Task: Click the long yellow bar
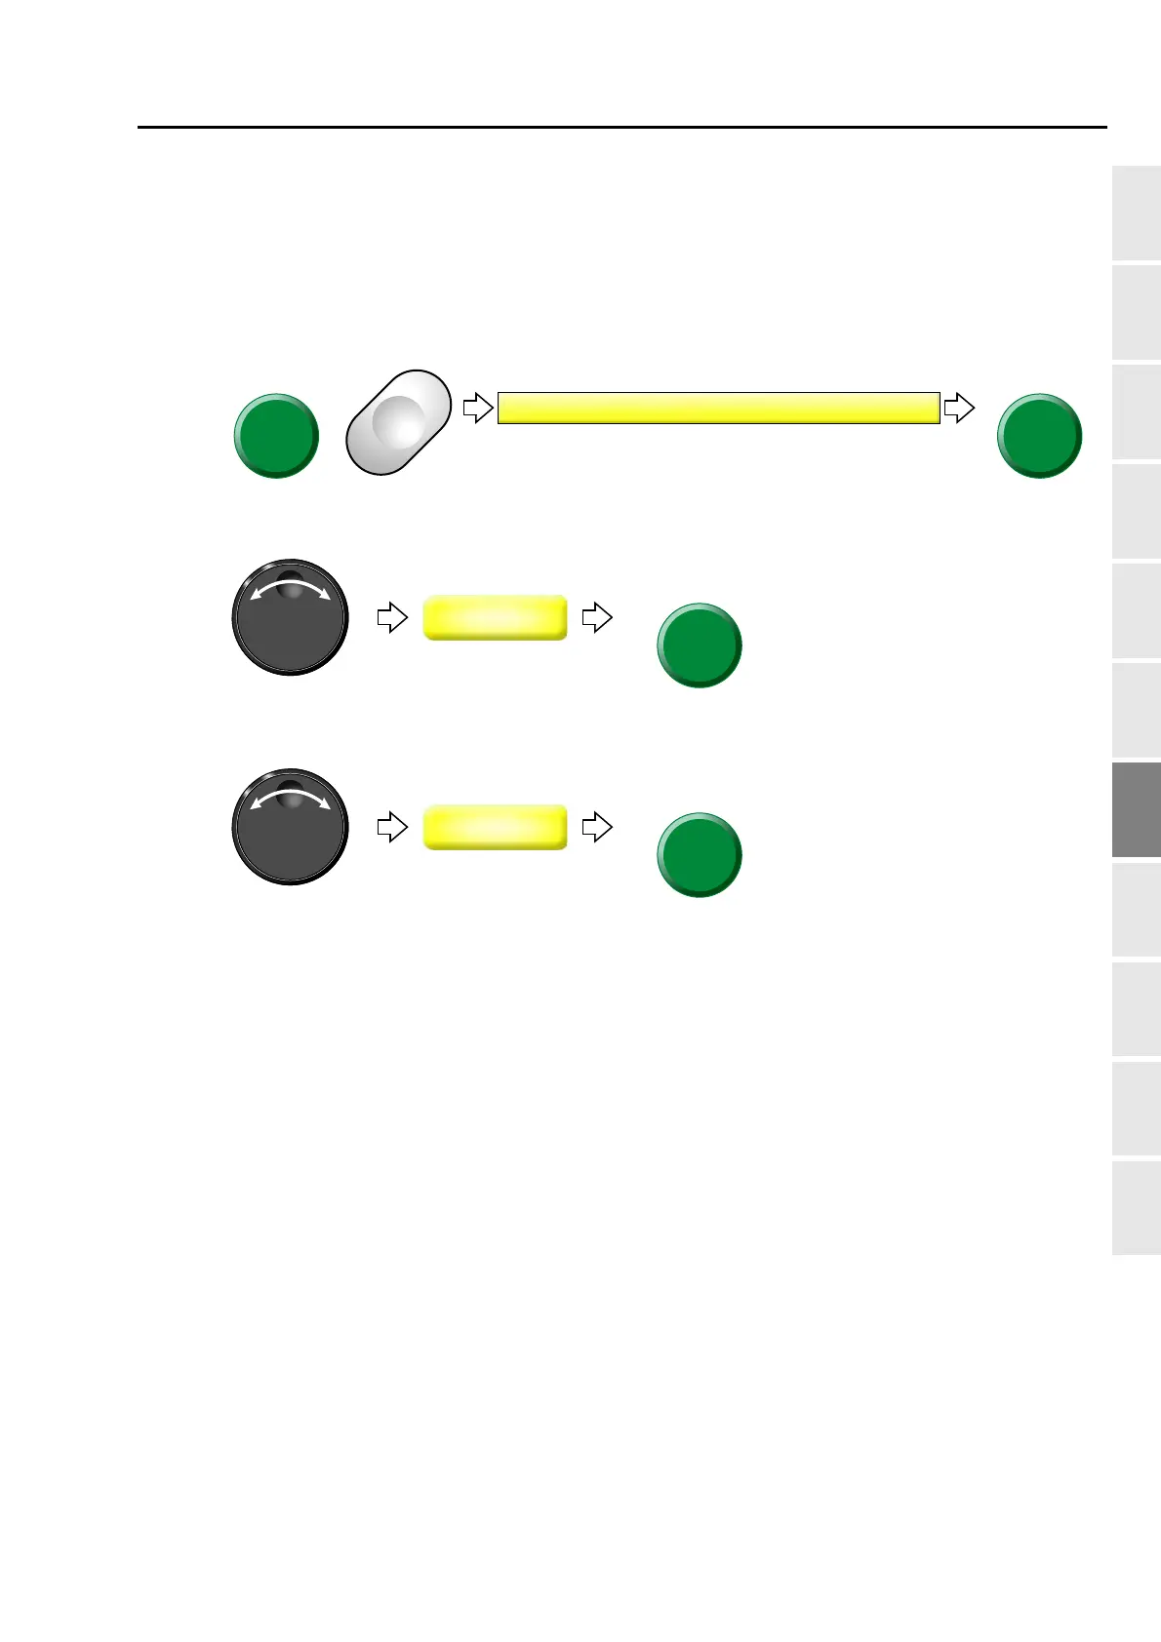(718, 408)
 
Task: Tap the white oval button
(398, 422)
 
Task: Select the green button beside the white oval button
(276, 436)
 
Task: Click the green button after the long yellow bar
(1039, 436)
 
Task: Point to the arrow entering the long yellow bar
(477, 408)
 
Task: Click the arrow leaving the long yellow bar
(959, 408)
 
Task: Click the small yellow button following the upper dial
(495, 617)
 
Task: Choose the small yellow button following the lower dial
(495, 827)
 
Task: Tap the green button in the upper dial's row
(699, 645)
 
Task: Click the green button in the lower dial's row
(699, 855)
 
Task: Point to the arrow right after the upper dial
(391, 617)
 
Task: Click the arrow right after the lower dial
(391, 827)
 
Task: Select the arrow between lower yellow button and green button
(596, 827)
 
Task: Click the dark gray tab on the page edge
(1136, 809)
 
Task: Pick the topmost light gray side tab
(1136, 214)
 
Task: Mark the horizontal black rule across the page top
(622, 127)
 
